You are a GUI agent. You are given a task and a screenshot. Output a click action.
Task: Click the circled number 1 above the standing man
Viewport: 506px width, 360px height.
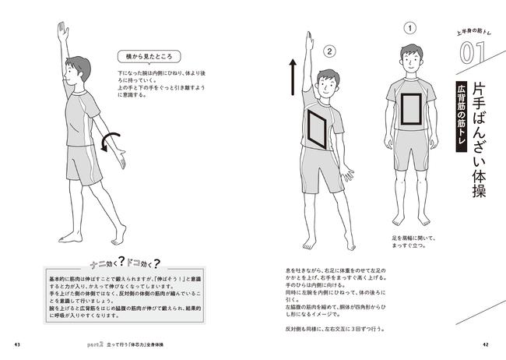pos(409,29)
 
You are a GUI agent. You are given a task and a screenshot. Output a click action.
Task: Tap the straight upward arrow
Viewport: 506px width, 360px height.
pos(292,76)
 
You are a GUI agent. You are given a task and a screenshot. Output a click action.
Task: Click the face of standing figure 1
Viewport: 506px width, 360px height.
pos(409,57)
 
